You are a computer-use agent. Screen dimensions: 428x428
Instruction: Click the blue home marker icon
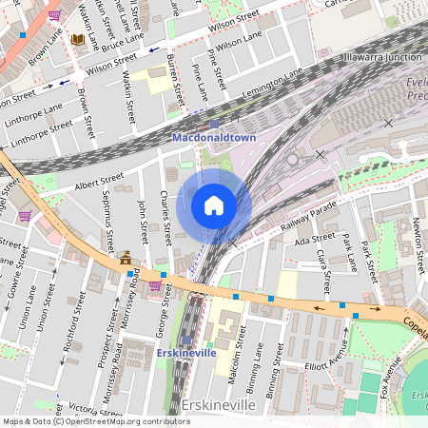tap(214, 205)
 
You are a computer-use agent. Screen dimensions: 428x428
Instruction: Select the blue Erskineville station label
tap(185, 353)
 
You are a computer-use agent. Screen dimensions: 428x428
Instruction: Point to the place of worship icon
tap(125, 257)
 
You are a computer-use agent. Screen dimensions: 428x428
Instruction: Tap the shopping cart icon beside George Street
tap(154, 284)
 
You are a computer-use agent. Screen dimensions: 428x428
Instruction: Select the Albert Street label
tap(98, 180)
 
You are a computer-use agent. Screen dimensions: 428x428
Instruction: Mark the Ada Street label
tap(315, 240)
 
